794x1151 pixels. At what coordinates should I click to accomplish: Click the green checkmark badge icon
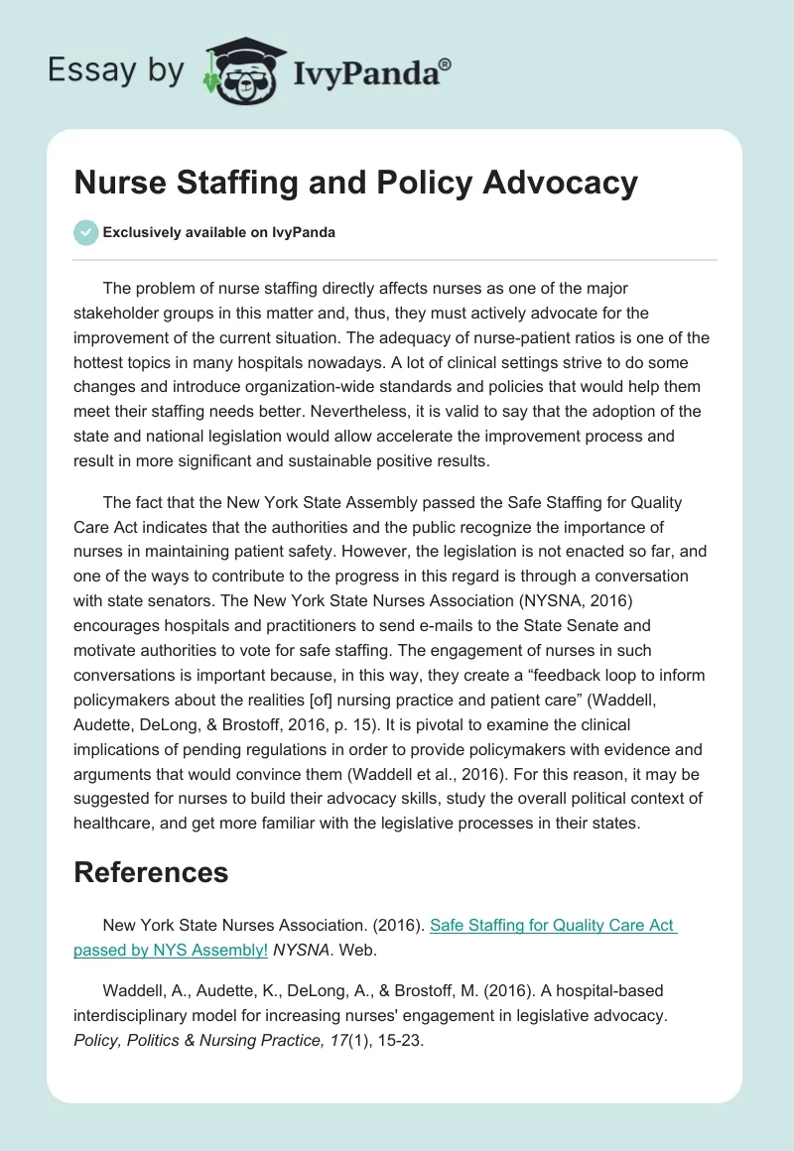(85, 232)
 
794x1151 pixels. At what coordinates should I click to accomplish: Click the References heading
(151, 872)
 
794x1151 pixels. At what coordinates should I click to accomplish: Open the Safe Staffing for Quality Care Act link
(554, 925)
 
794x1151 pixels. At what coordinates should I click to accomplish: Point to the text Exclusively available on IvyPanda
(218, 232)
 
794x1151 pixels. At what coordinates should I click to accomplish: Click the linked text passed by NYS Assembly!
(171, 950)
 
